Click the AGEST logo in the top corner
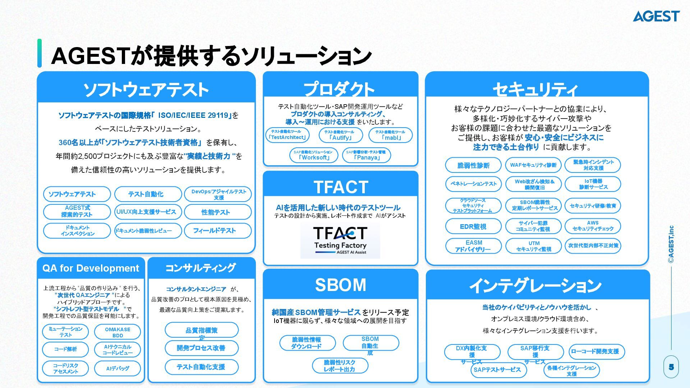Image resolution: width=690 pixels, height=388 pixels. pos(656,16)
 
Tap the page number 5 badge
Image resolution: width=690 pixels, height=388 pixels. pos(671,367)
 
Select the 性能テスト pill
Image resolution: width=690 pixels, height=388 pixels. pos(217,212)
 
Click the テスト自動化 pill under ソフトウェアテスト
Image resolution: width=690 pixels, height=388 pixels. pos(148,194)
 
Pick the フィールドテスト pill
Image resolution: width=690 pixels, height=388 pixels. pos(217,231)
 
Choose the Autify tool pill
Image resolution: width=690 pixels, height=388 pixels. pos(340,135)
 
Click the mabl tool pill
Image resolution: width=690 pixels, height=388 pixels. pos(390,135)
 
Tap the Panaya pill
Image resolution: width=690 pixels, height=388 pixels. pos(366,155)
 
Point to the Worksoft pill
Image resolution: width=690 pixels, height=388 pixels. pos(313,155)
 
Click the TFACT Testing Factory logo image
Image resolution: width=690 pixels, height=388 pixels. pos(340,240)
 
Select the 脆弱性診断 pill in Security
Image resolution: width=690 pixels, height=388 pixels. pos(473,165)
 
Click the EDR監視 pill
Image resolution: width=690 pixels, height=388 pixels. pos(473,226)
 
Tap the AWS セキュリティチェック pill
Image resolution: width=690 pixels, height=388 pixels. pos(593,226)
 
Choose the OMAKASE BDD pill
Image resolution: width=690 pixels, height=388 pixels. pos(118,332)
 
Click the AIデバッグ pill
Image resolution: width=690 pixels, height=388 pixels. pos(118,369)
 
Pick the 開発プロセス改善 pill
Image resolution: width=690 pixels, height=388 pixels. pos(201,348)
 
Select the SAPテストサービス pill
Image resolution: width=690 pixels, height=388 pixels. pos(497,370)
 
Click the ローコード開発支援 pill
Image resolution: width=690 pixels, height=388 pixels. pos(596,352)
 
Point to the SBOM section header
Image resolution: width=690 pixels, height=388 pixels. pos(340,285)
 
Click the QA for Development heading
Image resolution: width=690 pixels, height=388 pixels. pos(91,268)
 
